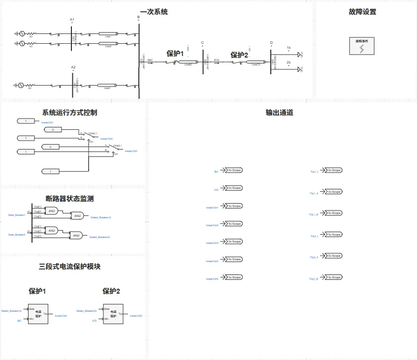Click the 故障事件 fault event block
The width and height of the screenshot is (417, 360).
click(361, 46)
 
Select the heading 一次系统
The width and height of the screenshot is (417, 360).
click(154, 12)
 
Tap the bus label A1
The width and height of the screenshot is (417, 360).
click(72, 20)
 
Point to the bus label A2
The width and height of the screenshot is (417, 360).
click(73, 67)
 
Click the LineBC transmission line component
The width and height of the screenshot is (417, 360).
click(188, 62)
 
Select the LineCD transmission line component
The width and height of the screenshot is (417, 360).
click(256, 62)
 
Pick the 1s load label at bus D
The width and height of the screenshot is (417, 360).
click(289, 48)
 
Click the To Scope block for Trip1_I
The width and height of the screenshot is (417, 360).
click(333, 170)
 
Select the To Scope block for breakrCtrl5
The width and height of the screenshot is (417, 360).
click(233, 277)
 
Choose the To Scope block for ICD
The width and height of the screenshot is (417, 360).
click(233, 188)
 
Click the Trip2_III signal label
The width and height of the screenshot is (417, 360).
click(314, 279)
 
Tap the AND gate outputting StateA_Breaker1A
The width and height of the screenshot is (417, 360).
click(77, 215)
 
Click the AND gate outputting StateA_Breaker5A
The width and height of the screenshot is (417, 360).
click(76, 236)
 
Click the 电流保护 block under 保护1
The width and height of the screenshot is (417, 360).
click(38, 313)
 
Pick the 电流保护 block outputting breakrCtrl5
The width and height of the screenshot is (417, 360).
click(113, 313)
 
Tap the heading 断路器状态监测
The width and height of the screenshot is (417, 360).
click(69, 199)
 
